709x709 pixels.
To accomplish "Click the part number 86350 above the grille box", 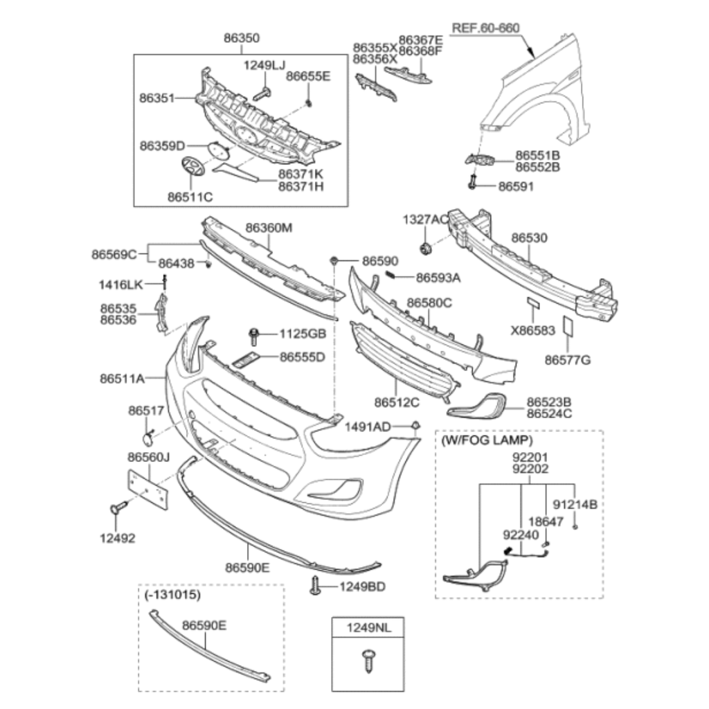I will click(242, 38).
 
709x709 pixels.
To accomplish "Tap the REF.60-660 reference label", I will click(485, 28).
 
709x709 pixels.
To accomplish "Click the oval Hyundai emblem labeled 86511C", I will click(190, 167).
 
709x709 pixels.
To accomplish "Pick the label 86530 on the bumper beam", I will click(529, 238).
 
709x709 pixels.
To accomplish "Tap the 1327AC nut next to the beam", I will click(424, 247).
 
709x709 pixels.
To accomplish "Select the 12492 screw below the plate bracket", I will click(118, 509).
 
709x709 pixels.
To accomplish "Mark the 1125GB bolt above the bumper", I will click(253, 337).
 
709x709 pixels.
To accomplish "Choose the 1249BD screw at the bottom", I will click(316, 586).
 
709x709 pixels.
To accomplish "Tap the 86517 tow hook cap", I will click(147, 437).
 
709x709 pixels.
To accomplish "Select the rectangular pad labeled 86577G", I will click(567, 326).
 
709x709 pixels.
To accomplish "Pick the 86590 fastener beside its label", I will click(334, 261).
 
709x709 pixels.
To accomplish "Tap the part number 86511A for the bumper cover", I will click(122, 379).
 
